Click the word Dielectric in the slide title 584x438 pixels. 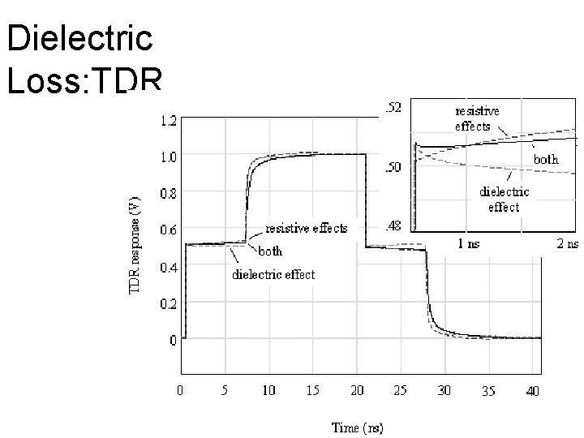pyautogui.click(x=78, y=38)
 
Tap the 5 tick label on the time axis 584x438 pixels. pyautogui.click(x=225, y=391)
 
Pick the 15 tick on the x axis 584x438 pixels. pyautogui.click(x=312, y=391)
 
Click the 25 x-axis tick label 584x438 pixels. pyautogui.click(x=400, y=391)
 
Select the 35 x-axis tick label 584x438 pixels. pyautogui.click(x=488, y=391)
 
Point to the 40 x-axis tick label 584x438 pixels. pyautogui.click(x=532, y=391)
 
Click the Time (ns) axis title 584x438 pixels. pyautogui.click(x=357, y=427)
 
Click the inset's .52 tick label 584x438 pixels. pyautogui.click(x=392, y=108)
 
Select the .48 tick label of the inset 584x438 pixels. pyautogui.click(x=392, y=226)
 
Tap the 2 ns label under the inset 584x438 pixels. pyautogui.click(x=567, y=243)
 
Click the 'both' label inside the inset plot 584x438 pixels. pyautogui.click(x=546, y=160)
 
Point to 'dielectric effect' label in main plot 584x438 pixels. pyautogui.click(x=274, y=274)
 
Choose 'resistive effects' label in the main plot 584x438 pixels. pyautogui.click(x=307, y=228)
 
